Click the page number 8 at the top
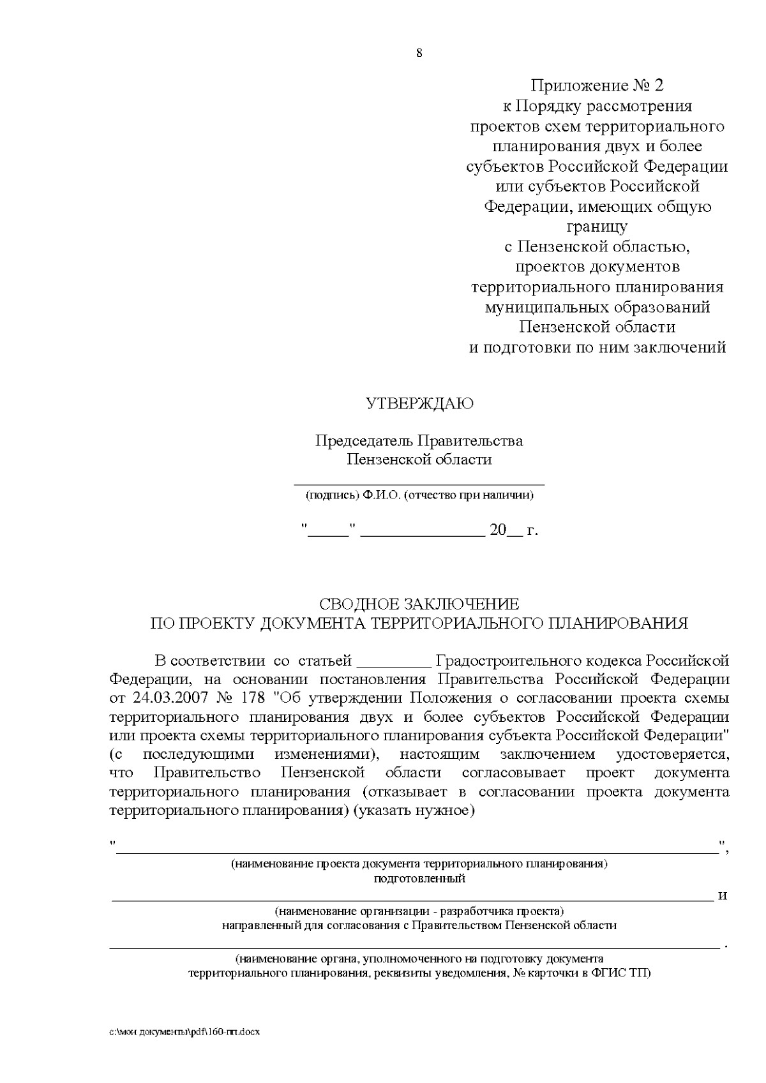(x=419, y=53)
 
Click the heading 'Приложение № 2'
(x=597, y=86)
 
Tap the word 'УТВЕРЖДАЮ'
(x=419, y=403)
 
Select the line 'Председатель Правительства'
(x=419, y=440)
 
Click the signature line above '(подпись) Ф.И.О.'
(x=419, y=484)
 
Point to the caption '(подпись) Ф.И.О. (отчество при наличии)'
(x=419, y=495)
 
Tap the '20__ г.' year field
(x=514, y=530)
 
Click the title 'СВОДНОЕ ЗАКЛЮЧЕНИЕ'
(x=419, y=604)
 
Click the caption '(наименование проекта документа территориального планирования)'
(x=419, y=865)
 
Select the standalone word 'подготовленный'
(x=419, y=879)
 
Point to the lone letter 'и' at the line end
(x=723, y=895)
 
